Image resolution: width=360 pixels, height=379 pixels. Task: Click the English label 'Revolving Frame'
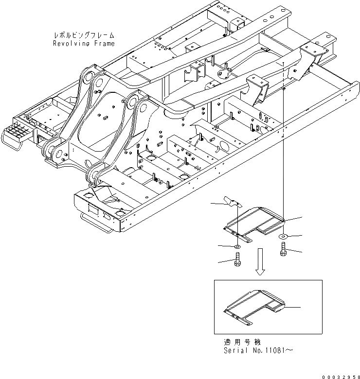(84, 44)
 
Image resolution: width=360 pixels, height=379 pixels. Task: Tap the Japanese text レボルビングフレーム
(84, 35)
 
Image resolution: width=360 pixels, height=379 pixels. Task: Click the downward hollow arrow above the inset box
(261, 262)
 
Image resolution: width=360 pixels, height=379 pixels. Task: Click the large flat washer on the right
(283, 236)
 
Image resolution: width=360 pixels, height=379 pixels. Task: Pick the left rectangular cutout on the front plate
(91, 210)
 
